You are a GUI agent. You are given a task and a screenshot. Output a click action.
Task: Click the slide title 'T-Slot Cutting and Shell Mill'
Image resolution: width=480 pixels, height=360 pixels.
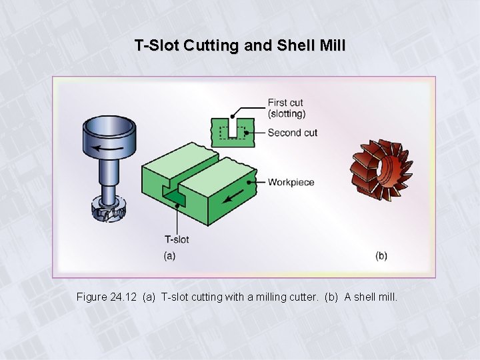tap(240, 46)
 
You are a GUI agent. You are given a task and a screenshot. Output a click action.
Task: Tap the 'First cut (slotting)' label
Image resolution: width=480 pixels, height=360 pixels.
tap(286, 108)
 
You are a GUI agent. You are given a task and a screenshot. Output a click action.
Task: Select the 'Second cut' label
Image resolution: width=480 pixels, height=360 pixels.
tap(292, 133)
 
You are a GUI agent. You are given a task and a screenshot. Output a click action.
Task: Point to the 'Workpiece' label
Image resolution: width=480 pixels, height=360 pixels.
tap(291, 182)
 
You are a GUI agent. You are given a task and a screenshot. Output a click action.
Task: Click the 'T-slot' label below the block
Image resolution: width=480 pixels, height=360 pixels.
tap(177, 239)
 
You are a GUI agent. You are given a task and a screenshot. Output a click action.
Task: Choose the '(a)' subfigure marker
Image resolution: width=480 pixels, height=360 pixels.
tap(169, 255)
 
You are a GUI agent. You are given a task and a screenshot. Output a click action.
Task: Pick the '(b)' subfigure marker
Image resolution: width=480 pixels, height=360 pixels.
tap(381, 255)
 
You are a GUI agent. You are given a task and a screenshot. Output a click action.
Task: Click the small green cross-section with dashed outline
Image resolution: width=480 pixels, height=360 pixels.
tap(228, 131)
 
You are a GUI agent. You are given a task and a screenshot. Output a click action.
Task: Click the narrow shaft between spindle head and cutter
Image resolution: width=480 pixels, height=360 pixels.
tap(107, 177)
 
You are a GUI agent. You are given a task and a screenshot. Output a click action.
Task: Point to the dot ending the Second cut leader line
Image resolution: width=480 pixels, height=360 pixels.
tap(246, 133)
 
